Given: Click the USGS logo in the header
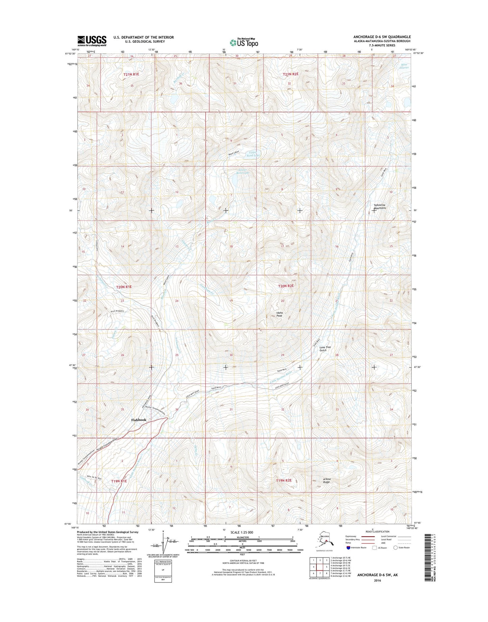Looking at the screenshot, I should pyautogui.click(x=92, y=41).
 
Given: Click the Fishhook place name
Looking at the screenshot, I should pyautogui.click(x=139, y=420).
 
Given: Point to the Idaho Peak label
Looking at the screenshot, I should pyautogui.click(x=279, y=314).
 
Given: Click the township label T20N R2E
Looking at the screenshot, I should pyautogui.click(x=286, y=286).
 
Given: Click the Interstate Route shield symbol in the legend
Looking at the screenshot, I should pyautogui.click(x=348, y=548).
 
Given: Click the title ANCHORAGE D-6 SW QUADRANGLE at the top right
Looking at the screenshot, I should pyautogui.click(x=382, y=37).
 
